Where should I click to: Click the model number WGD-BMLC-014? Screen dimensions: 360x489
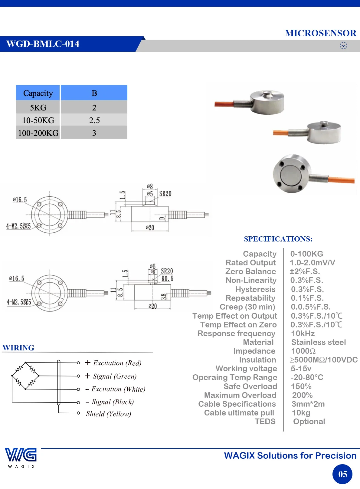coord(43,44)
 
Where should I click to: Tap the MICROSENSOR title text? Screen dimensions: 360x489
coord(320,33)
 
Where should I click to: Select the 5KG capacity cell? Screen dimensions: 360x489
coord(38,107)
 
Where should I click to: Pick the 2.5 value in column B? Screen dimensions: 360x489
coord(94,120)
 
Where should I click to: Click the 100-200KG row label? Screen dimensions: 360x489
coord(38,133)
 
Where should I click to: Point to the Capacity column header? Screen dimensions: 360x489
coord(38,93)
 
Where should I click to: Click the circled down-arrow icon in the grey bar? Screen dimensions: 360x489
coord(343,45)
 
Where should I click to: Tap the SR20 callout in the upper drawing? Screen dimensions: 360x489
coord(165,194)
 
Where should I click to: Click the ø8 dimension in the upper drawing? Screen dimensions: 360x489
coord(150,186)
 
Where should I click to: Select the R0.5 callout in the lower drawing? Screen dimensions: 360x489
coord(167,279)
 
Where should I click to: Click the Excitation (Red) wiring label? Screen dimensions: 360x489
coord(117,363)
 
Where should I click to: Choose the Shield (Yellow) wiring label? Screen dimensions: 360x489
coord(108,414)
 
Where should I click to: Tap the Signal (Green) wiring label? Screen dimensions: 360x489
coord(115,376)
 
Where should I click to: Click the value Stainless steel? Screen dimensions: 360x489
coord(319,342)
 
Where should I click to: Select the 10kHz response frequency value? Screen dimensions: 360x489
coord(303,333)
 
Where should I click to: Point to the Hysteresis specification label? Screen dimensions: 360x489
coord(255,289)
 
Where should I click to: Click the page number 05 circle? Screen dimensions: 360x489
coord(342,474)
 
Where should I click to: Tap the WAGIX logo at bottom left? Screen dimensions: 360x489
coord(21,458)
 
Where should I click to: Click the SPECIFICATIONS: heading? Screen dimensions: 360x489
coord(278,239)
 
